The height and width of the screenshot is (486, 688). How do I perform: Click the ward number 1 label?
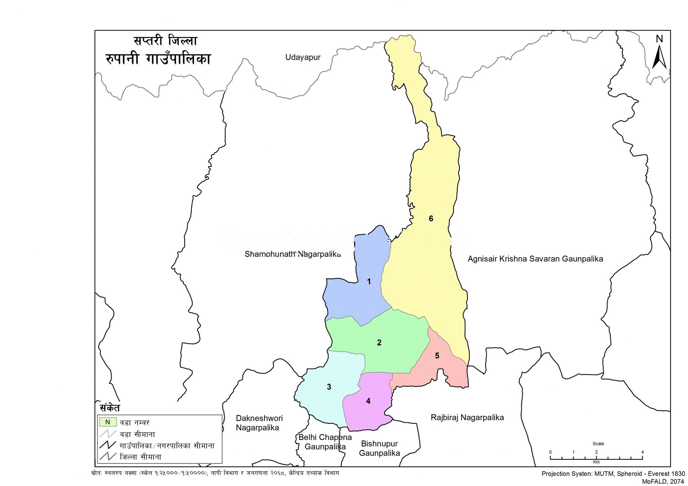(x=369, y=282)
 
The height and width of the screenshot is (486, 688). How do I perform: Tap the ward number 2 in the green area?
(x=379, y=343)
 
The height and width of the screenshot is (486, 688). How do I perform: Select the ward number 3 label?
(x=329, y=387)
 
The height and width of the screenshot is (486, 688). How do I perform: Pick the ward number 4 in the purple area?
(x=368, y=401)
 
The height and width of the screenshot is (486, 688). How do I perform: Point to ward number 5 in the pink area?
(x=437, y=356)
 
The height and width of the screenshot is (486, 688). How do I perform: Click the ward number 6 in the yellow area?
(x=431, y=219)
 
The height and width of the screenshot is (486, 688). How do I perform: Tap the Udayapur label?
(x=303, y=57)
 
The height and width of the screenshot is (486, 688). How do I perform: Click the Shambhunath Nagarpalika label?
(x=292, y=254)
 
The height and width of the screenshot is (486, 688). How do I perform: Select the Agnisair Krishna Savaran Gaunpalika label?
(x=535, y=259)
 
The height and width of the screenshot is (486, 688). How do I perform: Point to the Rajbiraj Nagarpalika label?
(x=467, y=418)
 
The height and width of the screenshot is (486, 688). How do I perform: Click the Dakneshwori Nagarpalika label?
(x=259, y=423)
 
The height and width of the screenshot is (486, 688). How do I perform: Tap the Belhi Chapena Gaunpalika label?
(x=325, y=442)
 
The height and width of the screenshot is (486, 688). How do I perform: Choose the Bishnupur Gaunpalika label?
(x=379, y=448)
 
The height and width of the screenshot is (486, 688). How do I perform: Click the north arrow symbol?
(x=659, y=58)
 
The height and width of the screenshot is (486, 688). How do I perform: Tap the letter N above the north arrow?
(x=659, y=39)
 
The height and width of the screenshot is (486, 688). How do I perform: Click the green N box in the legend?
(x=108, y=422)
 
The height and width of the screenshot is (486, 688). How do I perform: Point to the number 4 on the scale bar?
(x=642, y=452)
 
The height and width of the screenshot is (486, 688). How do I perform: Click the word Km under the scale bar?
(x=596, y=462)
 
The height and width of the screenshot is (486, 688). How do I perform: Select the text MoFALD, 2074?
(x=663, y=481)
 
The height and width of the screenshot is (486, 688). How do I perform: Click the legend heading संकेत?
(x=110, y=408)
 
